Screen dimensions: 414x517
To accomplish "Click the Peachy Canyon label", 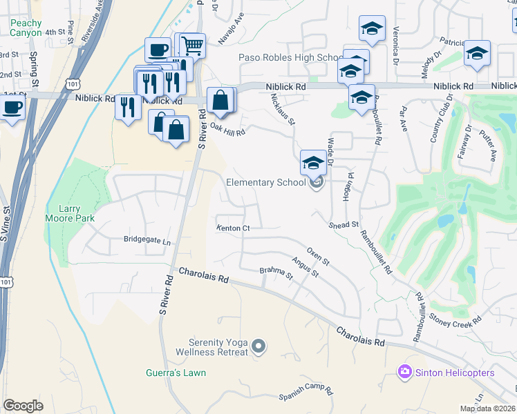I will coord(26,28).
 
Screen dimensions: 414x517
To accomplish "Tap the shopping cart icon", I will coord(193,46).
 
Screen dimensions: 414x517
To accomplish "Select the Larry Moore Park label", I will coord(70,214).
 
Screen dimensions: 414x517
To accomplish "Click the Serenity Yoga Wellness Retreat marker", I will coord(259,345).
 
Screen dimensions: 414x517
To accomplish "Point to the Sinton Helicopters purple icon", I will coord(404,373).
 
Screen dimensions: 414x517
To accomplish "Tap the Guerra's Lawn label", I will coord(176,373).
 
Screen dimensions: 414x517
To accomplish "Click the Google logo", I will coord(23,405).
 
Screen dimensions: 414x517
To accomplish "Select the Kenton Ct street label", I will coord(232,228).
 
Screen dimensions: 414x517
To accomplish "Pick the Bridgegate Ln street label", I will coord(147,241).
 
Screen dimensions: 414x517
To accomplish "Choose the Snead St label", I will coord(344,225).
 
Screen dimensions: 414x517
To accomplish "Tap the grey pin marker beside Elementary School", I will coord(317,182).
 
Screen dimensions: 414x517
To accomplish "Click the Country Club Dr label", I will coord(437,125).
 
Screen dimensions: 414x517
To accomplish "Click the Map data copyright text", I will coord(487,408).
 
